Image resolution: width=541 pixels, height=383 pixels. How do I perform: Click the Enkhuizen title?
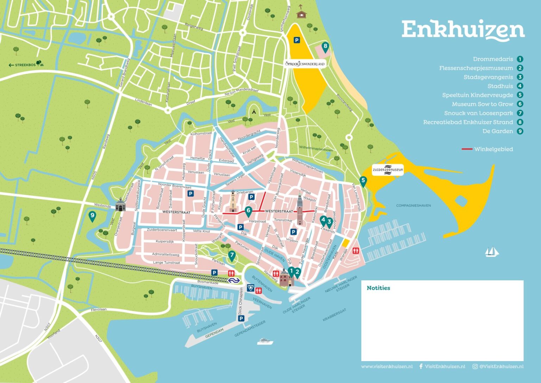pos(463,30)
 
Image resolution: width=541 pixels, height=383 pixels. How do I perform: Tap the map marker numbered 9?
pos(92,215)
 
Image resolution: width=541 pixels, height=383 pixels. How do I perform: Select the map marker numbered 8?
pos(325,47)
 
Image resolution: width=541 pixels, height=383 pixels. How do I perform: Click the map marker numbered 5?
pos(363,181)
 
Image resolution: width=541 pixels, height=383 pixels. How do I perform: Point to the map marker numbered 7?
pos(231,255)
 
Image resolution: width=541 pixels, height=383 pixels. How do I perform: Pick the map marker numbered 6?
pos(248,211)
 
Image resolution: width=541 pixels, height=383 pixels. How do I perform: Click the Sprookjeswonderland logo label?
pos(305,63)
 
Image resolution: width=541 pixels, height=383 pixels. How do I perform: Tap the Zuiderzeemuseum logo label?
pos(388,170)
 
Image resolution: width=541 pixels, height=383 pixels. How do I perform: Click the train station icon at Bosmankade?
pos(233,280)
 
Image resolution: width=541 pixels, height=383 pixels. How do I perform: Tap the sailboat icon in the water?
pos(492,251)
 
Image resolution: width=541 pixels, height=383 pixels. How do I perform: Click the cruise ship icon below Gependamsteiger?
pos(265,341)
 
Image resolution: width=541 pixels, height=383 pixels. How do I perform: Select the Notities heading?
pos(378,288)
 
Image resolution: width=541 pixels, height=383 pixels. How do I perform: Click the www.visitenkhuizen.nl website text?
pos(386,366)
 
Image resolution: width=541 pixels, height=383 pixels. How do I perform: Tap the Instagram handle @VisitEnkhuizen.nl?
pos(498,366)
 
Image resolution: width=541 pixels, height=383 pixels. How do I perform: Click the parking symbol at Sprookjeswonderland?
pos(297,40)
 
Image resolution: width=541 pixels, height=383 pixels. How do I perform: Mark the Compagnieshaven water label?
pos(413,205)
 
